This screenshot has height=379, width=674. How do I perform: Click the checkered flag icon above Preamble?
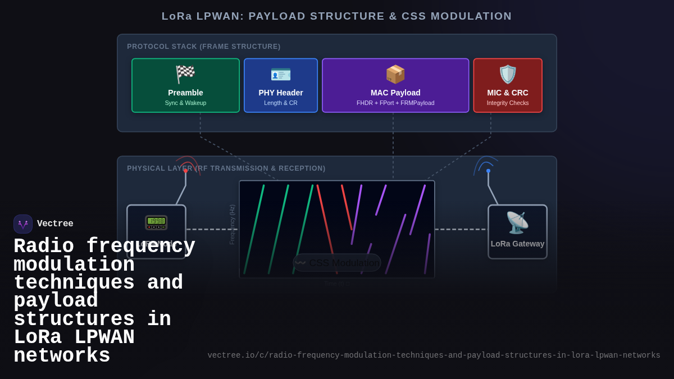click(x=185, y=74)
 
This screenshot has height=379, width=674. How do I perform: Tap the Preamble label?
click(x=185, y=93)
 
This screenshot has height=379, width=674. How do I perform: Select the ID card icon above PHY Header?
click(x=281, y=74)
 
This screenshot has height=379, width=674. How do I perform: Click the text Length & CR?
click(x=281, y=103)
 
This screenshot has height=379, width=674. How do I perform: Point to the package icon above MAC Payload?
click(x=395, y=74)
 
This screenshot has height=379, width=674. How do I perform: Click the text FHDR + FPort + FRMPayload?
click(x=395, y=103)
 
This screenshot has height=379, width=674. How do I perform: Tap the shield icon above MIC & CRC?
click(x=508, y=74)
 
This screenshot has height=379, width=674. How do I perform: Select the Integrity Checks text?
click(x=508, y=103)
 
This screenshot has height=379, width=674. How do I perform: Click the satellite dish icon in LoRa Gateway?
click(x=517, y=222)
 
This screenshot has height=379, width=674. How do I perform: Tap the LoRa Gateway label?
click(x=517, y=244)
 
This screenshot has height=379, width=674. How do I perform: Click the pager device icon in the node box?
click(x=156, y=222)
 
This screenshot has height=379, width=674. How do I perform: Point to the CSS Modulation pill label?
click(x=337, y=263)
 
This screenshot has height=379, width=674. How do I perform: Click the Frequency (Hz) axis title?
click(x=232, y=225)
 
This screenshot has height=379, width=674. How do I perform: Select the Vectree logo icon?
click(x=23, y=224)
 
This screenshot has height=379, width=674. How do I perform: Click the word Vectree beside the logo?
click(x=55, y=224)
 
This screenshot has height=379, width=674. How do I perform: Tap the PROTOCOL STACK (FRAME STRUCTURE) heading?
click(x=204, y=47)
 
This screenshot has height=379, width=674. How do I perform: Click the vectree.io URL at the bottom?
click(x=434, y=355)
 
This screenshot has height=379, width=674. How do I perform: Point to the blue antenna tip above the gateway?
click(x=488, y=171)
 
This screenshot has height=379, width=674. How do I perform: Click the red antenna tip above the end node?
click(x=186, y=171)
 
